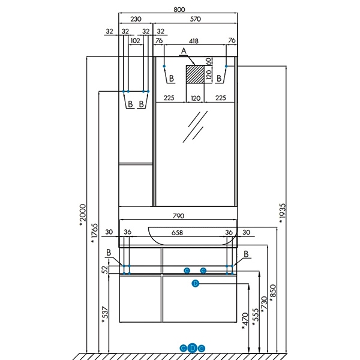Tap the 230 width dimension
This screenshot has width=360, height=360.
point(136,19)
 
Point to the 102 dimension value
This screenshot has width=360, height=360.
point(134,41)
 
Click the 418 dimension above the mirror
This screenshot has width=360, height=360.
point(194,41)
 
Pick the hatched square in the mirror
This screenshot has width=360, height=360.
point(194,75)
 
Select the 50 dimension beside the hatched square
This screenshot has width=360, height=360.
point(209,61)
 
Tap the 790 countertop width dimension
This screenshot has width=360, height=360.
point(178,215)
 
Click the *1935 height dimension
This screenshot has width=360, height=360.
point(282,213)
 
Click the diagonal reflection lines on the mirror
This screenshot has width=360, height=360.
point(194,127)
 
